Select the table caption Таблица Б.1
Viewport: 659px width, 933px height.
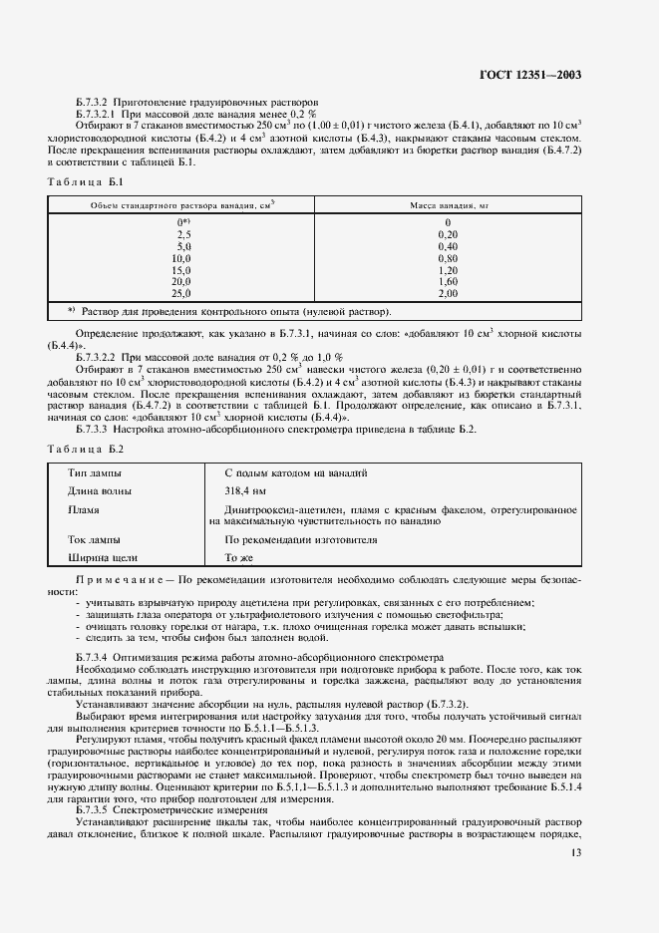[85, 181]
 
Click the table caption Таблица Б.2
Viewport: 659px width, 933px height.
[85, 448]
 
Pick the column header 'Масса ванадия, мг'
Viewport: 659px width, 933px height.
[447, 204]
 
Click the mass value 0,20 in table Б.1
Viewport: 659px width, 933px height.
[447, 233]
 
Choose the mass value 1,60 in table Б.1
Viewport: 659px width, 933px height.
[447, 282]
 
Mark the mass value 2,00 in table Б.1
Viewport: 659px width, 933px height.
[447, 294]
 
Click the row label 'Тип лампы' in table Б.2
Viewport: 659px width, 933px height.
[96, 472]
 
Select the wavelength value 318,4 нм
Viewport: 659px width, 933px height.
[245, 490]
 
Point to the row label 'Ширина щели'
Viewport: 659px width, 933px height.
[103, 558]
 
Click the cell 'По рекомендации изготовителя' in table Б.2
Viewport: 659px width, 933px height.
[301, 539]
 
